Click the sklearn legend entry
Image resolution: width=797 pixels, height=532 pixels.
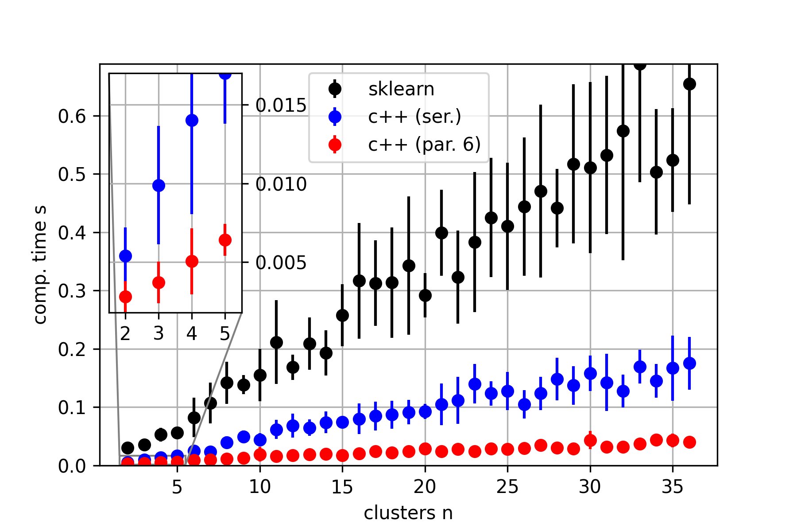coord(401,89)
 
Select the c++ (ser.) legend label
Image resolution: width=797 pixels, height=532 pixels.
coord(414,117)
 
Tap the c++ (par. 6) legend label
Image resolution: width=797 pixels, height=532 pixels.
coord(424,145)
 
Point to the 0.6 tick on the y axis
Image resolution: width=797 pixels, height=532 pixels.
coord(72,116)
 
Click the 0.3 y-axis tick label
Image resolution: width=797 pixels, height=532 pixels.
coord(72,291)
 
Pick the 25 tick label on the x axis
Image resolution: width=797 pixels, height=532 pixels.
coord(507,487)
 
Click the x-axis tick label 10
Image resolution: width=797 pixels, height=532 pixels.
coord(260,487)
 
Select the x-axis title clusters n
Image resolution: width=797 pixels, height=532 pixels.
coord(408,513)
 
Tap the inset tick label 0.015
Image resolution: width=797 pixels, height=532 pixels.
coord(281,105)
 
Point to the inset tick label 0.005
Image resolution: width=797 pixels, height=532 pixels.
coord(281,262)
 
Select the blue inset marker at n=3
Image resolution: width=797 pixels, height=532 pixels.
coord(159,185)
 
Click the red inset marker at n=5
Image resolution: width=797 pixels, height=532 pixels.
coord(225,240)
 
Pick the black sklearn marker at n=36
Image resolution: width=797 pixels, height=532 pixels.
coord(689,84)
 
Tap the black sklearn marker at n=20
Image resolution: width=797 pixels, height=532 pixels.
coord(425,295)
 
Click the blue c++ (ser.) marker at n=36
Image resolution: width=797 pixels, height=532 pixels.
coord(689,363)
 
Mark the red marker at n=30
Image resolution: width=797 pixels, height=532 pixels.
coord(590,440)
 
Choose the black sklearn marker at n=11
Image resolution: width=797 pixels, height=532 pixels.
coord(276,342)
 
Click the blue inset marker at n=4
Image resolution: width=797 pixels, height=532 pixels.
coord(192,120)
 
